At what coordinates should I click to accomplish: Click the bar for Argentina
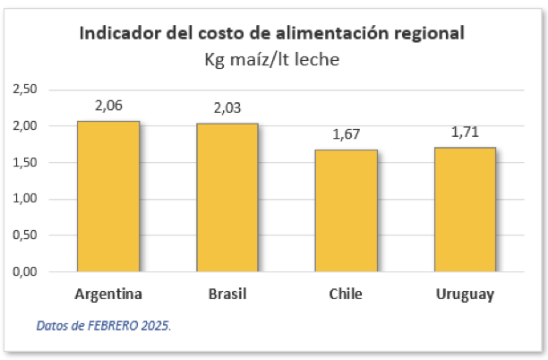pyautogui.click(x=108, y=196)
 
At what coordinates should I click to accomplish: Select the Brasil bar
pyautogui.click(x=227, y=197)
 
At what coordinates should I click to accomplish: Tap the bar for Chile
pyautogui.click(x=346, y=210)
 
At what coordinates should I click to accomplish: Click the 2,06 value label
pyautogui.click(x=108, y=105)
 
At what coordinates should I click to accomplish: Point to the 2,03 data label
pyautogui.click(x=227, y=107)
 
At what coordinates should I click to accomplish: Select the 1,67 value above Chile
pyautogui.click(x=346, y=133)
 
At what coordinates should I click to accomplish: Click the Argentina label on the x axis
pyautogui.click(x=108, y=295)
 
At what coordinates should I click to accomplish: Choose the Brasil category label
pyautogui.click(x=227, y=295)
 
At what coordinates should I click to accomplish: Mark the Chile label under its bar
pyautogui.click(x=346, y=295)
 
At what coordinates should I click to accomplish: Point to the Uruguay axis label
pyautogui.click(x=465, y=295)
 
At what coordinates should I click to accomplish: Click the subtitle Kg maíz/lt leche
pyautogui.click(x=272, y=60)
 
